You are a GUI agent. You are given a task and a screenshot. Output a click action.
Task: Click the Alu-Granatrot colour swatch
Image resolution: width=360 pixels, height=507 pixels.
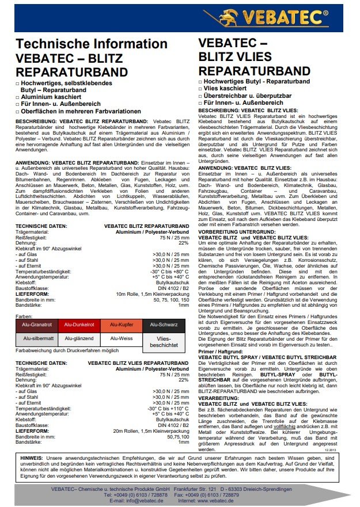point(37,325)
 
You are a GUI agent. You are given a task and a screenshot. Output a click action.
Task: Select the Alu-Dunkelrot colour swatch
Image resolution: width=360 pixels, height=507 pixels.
point(78,325)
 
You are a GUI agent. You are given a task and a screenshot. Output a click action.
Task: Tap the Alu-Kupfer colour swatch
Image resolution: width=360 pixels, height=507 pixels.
point(122,325)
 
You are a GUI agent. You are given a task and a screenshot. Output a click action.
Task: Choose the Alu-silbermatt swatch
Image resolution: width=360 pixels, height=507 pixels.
point(37,338)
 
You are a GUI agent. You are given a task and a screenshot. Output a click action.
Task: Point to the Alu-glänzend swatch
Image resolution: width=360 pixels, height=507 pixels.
point(78,338)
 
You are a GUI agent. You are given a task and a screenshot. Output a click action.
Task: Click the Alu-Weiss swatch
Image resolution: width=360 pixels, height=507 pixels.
point(122,338)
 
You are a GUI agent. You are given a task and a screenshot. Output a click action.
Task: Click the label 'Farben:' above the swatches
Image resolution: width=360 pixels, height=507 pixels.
point(24,317)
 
